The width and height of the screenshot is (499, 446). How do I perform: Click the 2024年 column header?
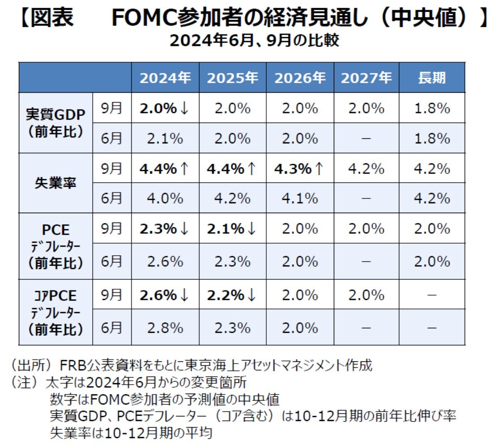click(165, 78)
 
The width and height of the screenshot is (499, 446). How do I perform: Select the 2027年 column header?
click(366, 78)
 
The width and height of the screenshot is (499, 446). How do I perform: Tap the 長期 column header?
click(432, 78)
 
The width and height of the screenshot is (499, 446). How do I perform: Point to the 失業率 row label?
click(55, 184)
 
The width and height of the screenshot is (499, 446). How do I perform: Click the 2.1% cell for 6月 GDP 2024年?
click(165, 138)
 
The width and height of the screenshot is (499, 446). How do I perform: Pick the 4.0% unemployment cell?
click(165, 198)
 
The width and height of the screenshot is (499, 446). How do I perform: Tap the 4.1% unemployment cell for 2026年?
click(299, 198)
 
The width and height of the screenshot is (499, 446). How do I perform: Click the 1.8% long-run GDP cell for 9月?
click(432, 108)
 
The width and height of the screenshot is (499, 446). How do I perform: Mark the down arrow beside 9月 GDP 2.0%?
click(184, 108)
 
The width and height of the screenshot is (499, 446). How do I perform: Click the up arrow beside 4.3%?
click(319, 169)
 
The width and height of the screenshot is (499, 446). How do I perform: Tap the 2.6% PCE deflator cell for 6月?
click(165, 262)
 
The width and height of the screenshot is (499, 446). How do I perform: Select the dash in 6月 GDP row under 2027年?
click(366, 138)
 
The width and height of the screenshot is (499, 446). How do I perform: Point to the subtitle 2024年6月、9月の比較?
click(254, 42)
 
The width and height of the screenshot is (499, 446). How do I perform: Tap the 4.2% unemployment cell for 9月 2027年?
click(366, 169)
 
